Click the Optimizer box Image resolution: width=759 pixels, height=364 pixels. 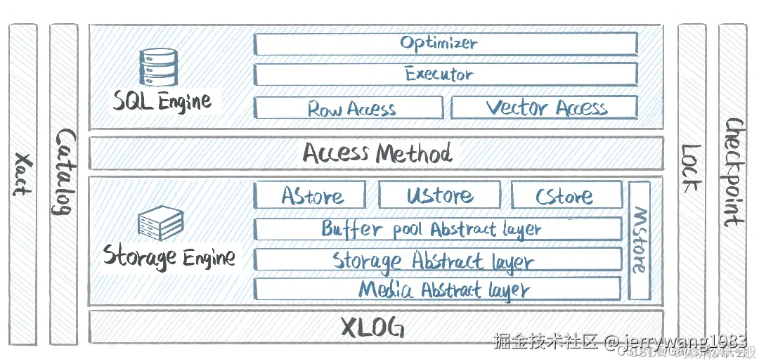446,44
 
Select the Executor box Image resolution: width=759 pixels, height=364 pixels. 446,74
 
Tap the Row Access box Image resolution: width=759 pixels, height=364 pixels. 349,108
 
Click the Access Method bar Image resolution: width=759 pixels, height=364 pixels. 376,152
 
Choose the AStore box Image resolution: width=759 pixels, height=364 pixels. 311,195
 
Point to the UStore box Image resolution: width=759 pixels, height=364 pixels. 439,195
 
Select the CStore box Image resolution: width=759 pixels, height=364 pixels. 566,195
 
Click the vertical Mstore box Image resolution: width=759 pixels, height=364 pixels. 638,240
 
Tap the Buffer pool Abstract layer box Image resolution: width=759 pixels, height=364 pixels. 437,228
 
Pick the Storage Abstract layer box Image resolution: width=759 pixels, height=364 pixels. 437,259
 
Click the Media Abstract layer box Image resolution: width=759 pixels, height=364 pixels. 437,289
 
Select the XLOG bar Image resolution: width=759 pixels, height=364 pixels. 376,327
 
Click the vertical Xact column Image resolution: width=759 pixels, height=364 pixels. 22,184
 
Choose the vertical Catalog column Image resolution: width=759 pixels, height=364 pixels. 64,184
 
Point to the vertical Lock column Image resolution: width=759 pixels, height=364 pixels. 692,184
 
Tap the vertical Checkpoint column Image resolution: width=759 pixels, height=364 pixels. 732,184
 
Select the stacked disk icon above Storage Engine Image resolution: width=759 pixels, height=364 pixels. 161,223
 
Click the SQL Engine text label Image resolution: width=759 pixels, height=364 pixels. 162,101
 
